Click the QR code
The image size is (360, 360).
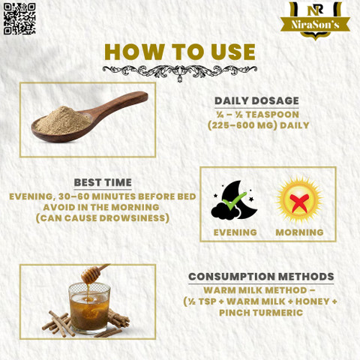coord(19,19)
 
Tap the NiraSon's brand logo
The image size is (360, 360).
coord(315,21)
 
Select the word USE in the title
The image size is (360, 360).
coord(233,52)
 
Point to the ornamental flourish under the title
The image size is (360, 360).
coord(179,73)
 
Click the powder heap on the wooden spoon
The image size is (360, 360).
coord(64,121)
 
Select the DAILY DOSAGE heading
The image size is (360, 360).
coord(256,100)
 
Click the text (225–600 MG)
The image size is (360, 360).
coord(242,125)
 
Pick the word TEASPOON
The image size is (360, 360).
coord(272,115)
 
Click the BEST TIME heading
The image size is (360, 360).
coord(103,182)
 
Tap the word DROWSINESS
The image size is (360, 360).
coord(132,218)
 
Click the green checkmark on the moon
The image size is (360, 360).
coord(234,201)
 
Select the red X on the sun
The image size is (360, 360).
coord(299,202)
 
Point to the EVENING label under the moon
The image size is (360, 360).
coord(235,232)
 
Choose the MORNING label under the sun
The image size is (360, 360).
coord(299,232)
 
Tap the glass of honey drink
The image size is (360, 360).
coord(89,308)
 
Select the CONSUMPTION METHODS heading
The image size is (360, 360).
coord(261,277)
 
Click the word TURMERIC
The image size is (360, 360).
coord(277,313)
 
